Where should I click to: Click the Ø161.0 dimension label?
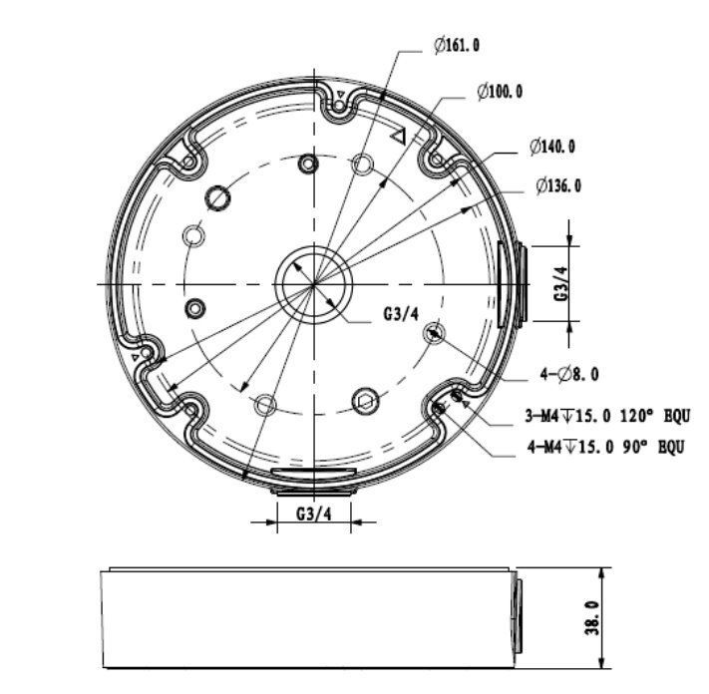456,46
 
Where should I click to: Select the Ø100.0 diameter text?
500,92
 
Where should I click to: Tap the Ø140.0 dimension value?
551,147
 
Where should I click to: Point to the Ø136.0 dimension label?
557,185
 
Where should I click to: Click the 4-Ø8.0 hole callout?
569,374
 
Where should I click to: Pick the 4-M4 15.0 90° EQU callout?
605,448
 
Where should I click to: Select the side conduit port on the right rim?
510,282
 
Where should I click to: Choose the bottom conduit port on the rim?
313,477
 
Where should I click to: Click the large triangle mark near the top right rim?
399,137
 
